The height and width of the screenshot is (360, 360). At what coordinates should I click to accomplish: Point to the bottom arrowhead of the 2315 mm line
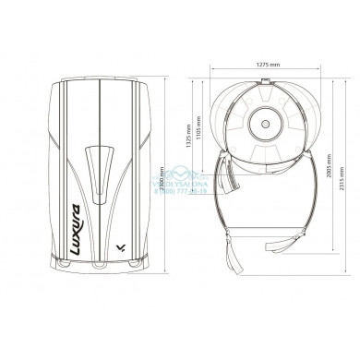[x=335, y=287]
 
